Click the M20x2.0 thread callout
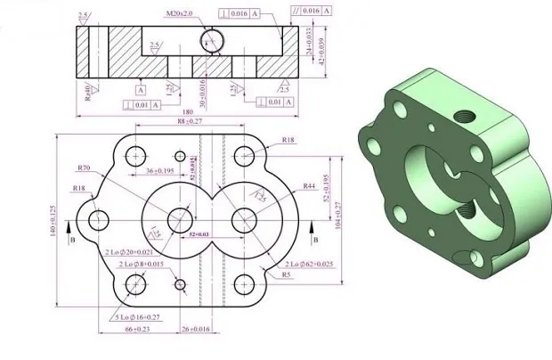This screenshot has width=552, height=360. [182, 14]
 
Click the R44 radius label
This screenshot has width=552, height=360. [309, 186]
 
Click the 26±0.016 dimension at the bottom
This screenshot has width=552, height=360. [197, 329]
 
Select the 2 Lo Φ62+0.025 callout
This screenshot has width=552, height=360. [310, 265]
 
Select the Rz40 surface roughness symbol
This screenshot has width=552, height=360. [88, 91]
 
